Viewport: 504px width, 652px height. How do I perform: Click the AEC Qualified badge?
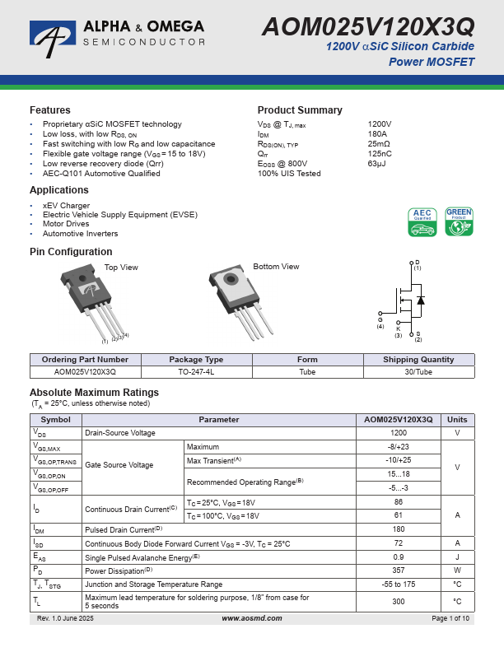422,223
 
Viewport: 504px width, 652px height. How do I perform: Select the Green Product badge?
459,223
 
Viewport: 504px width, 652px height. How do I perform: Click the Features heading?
50,110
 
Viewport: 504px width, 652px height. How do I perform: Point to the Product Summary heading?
300,110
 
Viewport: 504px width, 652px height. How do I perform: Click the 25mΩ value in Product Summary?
379,143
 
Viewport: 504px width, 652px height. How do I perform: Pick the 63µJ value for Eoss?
377,164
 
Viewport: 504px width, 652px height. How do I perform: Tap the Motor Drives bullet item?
66,224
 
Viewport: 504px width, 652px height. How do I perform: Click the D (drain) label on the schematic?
417,263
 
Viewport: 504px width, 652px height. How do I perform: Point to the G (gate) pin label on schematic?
380,320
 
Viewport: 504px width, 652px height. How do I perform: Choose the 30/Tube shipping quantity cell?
418,372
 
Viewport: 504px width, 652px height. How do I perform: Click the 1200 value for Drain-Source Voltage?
399,433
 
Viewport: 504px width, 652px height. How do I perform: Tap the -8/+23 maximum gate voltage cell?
399,447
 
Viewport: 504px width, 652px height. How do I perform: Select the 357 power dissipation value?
399,569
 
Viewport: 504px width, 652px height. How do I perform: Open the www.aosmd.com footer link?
251,618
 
